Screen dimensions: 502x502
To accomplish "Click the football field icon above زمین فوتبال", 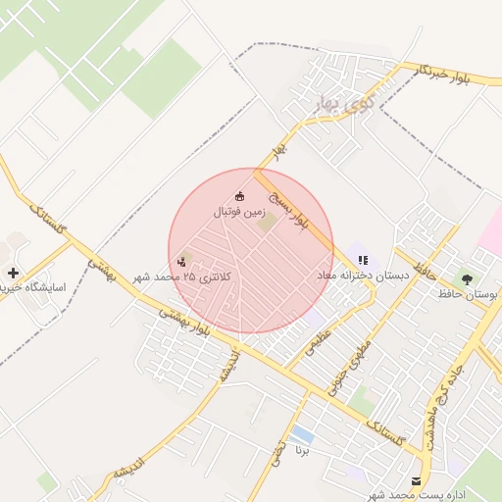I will pos(240,197).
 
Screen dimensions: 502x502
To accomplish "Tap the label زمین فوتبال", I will pos(239,212).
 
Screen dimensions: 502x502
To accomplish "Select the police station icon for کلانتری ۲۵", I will pos(182,262).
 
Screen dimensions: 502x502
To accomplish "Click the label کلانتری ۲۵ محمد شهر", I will pos(183,278).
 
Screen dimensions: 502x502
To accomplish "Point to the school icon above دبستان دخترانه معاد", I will pos(363,260).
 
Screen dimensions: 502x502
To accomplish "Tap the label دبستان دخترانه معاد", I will pos(362,276).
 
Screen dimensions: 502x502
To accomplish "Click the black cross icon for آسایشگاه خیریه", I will pos(13,273).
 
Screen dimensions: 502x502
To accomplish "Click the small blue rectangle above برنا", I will pos(302,434).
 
